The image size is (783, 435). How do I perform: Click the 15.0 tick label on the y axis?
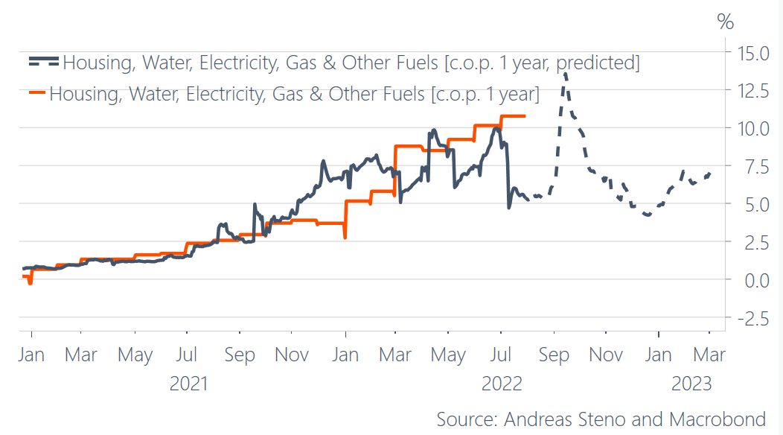click(x=752, y=53)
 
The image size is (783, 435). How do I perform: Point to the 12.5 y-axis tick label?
click(x=752, y=91)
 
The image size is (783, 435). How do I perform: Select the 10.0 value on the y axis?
click(x=752, y=128)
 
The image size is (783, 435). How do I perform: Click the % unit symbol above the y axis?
click(x=725, y=20)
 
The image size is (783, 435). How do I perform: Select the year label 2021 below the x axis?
click(x=189, y=384)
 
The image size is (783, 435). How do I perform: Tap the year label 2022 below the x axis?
click(x=502, y=384)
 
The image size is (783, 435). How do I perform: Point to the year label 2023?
click(x=691, y=384)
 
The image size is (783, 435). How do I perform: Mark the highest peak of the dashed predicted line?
click(x=565, y=72)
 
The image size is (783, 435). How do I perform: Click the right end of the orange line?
click(x=525, y=115)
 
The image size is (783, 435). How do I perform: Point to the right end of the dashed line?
click(x=710, y=174)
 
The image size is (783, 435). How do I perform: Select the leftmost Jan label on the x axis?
click(x=31, y=355)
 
